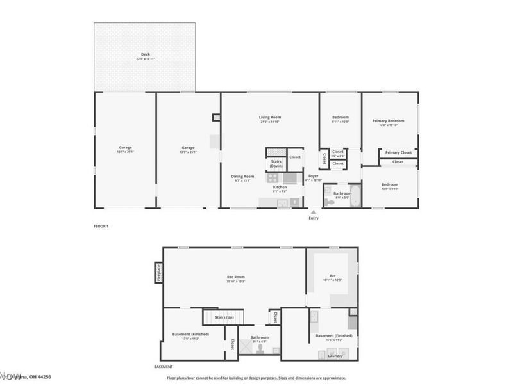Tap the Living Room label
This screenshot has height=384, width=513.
coord(270,117)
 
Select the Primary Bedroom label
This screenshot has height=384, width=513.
coord(389,120)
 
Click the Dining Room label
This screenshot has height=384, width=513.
coord(243,176)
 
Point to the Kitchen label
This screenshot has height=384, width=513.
coord(280,187)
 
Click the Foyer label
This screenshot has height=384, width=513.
coord(313,175)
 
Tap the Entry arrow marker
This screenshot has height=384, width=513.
coord(313,212)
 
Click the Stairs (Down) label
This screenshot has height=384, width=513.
coord(276,163)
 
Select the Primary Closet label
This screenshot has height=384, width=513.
coord(398,152)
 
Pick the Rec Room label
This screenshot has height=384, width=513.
coord(236,278)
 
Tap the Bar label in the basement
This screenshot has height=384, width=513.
coord(333,276)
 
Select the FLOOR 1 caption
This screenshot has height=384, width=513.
coord(101,227)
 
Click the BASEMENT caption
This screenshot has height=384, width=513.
coord(164,367)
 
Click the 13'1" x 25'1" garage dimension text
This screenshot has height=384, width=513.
coord(124,152)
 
